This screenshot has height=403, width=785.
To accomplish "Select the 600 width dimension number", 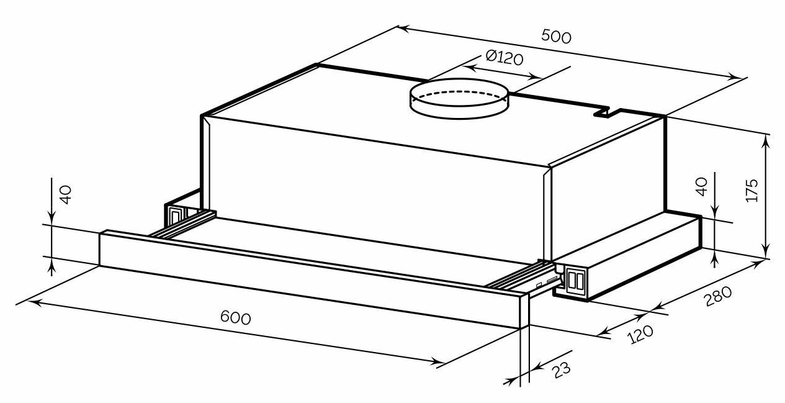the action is [236, 317].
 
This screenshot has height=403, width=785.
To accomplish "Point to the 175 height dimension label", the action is [751, 191].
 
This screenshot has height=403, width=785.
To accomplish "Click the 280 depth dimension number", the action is [718, 297].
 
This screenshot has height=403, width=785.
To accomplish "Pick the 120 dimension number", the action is [640, 334].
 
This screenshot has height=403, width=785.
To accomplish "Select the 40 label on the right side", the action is [702, 186].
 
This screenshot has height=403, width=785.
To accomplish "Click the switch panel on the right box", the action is [576, 280].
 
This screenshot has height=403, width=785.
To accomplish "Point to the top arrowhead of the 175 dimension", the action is [768, 140].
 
